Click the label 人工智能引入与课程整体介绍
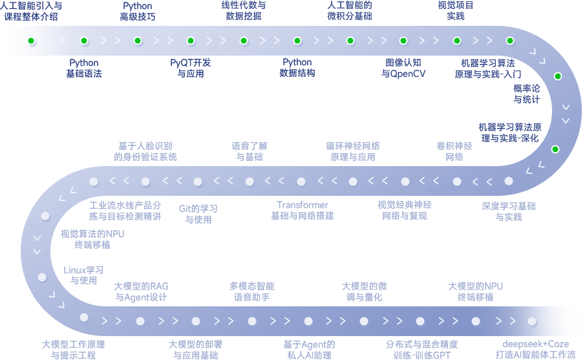coord(31,11)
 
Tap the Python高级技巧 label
coord(137,11)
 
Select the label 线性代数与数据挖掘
coord(243,10)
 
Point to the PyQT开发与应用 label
coord(191,68)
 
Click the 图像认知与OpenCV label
coord(403,68)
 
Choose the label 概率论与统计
coord(527,93)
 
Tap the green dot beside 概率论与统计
coord(558,76)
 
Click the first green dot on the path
coord(31,41)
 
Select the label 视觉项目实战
coord(455,10)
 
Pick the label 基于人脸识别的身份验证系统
coord(145,151)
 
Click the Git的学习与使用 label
coord(198,214)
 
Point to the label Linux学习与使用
coord(83,275)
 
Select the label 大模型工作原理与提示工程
coord(73,349)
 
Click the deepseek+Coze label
coord(535,349)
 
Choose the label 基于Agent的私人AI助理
coord(309,349)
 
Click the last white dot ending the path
coord(531,321)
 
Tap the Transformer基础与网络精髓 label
coord(302,210)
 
